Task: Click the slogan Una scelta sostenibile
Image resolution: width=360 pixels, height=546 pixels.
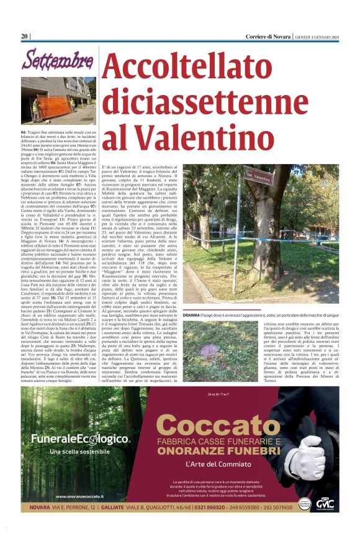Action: pyautogui.click(x=81, y=451)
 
